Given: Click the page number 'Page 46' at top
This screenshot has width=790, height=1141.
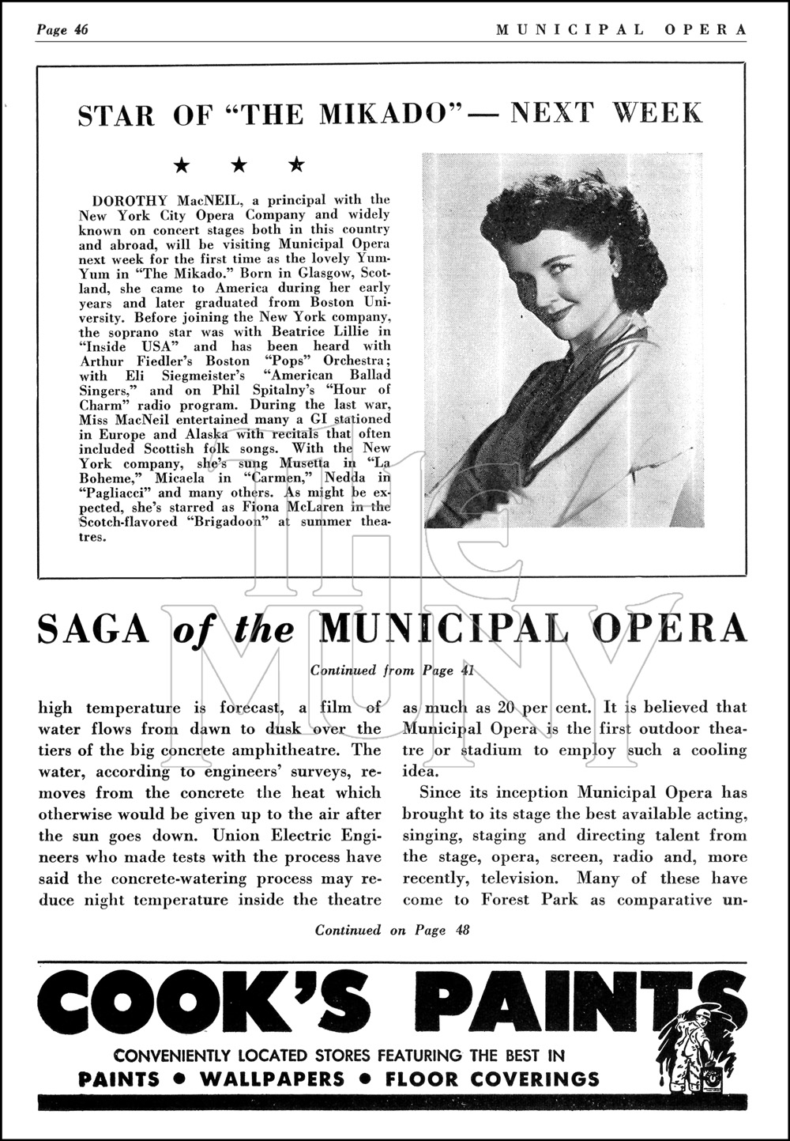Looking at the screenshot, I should coord(62,30).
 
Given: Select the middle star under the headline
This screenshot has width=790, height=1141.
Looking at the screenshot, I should coord(240,165).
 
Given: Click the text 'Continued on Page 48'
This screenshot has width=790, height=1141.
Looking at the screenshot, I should coord(393,930).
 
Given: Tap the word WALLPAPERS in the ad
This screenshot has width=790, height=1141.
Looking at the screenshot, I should coord(273,1079).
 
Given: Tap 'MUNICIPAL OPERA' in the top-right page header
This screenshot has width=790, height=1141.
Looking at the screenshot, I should coord(621,30).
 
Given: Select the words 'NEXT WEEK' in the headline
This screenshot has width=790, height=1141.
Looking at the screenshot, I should coord(605,114).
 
